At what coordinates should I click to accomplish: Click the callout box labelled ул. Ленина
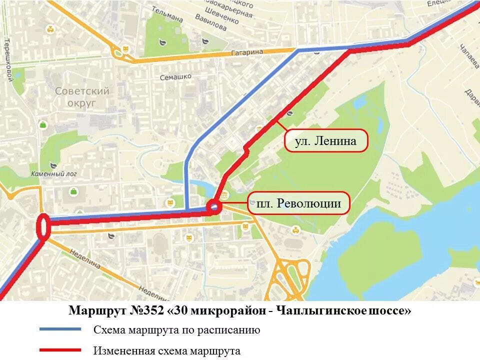pyautogui.click(x=326, y=141)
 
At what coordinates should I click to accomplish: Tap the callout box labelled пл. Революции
pyautogui.click(x=298, y=203)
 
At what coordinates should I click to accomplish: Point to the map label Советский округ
pyautogui.click(x=82, y=97)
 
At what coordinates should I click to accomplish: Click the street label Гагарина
pyautogui.click(x=247, y=52)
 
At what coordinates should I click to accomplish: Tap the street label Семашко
pyautogui.click(x=175, y=77)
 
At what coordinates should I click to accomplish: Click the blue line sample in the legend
pyautogui.click(x=60, y=329)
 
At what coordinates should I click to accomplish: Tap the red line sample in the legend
pyautogui.click(x=60, y=350)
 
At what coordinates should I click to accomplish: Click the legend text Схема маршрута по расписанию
pyautogui.click(x=176, y=329)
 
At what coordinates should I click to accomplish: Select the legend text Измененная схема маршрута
pyautogui.click(x=167, y=350)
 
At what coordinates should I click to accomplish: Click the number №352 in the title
pyautogui.click(x=146, y=310)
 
